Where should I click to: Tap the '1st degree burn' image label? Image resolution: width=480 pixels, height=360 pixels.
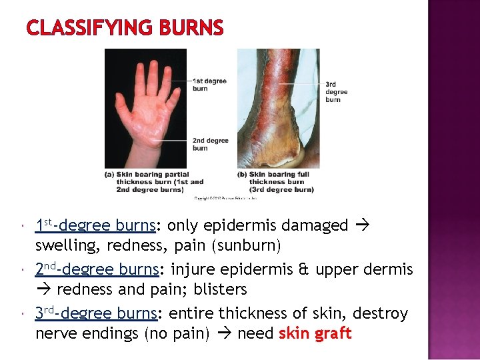tap(209, 85)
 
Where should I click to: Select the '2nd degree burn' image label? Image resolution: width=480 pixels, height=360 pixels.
tap(210, 144)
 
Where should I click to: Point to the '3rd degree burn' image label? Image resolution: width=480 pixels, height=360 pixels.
tap(336, 92)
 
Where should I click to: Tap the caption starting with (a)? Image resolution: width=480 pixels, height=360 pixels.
tap(155, 182)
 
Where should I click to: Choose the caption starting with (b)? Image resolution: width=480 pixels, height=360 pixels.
tap(276, 182)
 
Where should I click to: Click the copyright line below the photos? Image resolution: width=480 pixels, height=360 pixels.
tap(225, 197)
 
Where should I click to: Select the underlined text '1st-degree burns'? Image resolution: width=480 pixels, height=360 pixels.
tap(95, 226)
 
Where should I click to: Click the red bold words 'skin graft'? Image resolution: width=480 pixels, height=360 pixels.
tap(315, 334)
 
